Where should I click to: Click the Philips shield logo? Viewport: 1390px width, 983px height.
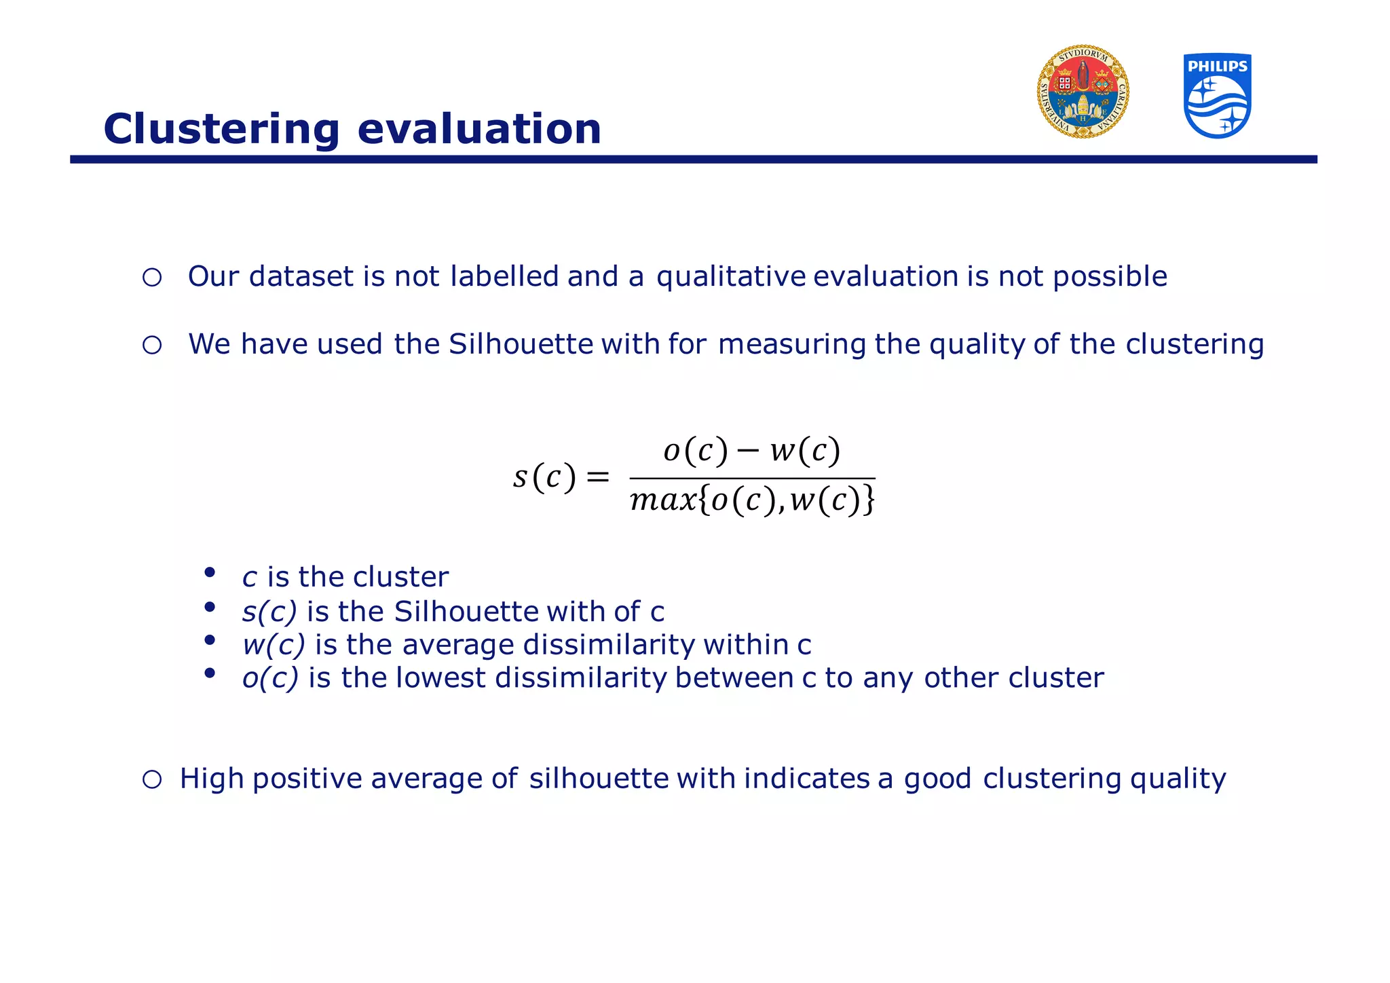click(1217, 96)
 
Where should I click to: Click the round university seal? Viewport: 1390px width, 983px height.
click(1083, 92)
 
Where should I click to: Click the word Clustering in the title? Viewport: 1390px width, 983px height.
click(221, 129)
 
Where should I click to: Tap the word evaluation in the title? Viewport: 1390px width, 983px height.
click(479, 129)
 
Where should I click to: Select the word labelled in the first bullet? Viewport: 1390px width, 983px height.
click(504, 276)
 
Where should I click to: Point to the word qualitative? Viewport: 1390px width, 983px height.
click(731, 277)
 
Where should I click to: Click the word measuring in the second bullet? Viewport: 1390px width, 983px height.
click(791, 344)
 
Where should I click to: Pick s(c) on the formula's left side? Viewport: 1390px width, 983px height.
click(544, 477)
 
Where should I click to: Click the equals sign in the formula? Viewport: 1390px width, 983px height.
click(598, 477)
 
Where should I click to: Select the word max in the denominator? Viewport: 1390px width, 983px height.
click(663, 501)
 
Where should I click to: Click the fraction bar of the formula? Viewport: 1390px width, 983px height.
click(752, 478)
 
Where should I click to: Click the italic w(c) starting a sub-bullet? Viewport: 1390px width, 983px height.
click(274, 644)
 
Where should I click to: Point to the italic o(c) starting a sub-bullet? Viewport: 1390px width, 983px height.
click(270, 678)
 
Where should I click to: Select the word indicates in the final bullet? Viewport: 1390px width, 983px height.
click(806, 779)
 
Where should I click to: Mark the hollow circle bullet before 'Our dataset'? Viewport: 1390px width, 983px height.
click(152, 277)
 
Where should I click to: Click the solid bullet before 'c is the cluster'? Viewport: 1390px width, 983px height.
click(210, 572)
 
